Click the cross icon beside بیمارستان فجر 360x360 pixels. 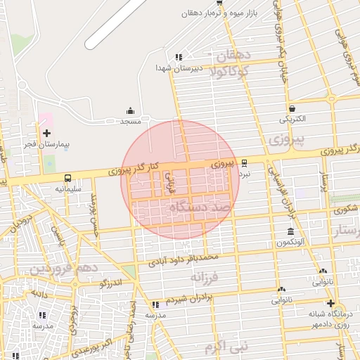click(x=46, y=133)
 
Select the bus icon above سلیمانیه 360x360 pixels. click(x=68, y=179)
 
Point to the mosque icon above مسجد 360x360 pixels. click(x=130, y=111)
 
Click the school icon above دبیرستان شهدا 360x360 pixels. click(x=179, y=57)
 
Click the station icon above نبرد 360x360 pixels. click(x=244, y=162)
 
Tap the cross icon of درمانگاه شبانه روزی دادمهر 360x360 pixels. click(x=330, y=303)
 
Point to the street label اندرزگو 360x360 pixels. click(x=110, y=283)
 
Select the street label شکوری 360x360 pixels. click(x=346, y=209)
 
